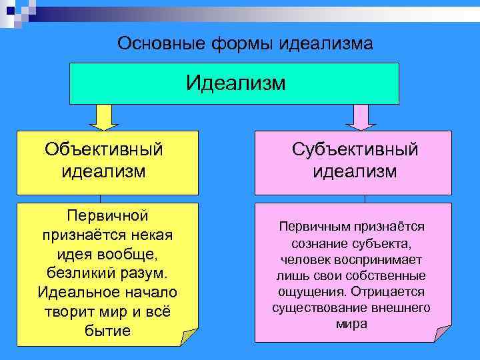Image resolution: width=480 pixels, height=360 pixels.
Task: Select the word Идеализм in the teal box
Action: click(x=235, y=83)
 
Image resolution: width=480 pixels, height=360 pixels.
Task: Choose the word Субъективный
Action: click(x=355, y=149)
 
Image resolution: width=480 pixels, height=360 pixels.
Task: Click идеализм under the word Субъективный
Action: click(x=355, y=171)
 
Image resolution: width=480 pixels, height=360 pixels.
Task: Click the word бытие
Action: click(x=107, y=331)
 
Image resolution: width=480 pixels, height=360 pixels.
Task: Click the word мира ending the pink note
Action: click(x=351, y=324)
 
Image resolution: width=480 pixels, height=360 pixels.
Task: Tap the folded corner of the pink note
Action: click(x=442, y=333)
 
